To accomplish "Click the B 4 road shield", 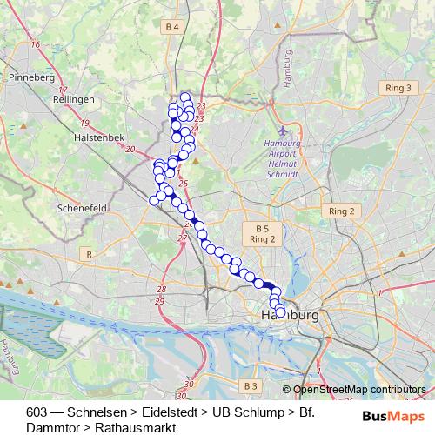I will coord(171,28).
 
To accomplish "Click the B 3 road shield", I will coord(251,385).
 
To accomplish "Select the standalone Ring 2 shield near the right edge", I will coord(340,211).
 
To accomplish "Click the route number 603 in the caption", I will coord(37,412).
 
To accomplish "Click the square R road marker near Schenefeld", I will coord(89,253).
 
